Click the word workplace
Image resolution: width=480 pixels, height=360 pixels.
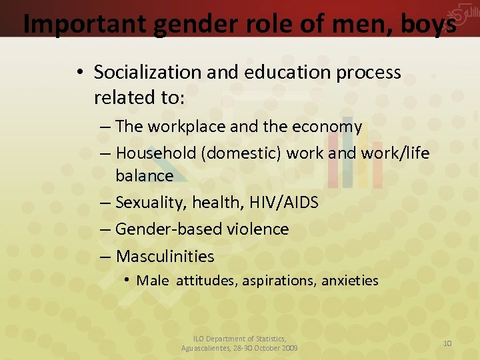[x=185, y=127]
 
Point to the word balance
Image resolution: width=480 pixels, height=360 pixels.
[x=144, y=176]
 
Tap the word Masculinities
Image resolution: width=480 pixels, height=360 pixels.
[x=165, y=256]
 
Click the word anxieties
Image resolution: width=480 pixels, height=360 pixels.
[x=349, y=281]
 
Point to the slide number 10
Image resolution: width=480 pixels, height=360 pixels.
[x=447, y=343]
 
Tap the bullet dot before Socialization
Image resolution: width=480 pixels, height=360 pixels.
[x=79, y=73]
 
